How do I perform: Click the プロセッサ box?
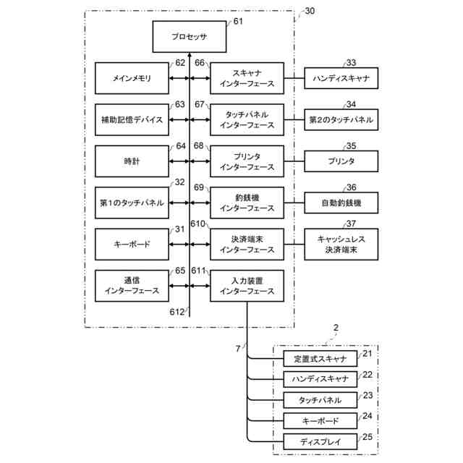(x=190, y=36)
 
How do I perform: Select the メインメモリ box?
(x=132, y=78)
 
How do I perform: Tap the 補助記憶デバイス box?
(x=132, y=119)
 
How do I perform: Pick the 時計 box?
(x=132, y=161)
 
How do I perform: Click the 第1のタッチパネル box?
(x=132, y=203)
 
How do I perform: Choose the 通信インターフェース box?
(x=132, y=286)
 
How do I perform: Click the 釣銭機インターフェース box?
(x=247, y=203)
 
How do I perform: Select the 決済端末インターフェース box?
(x=247, y=245)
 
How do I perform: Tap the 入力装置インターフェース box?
(x=247, y=286)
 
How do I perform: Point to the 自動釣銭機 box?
(x=341, y=203)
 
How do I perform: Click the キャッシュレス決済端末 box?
(x=341, y=245)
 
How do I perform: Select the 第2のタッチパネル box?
(x=341, y=119)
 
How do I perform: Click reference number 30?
(x=310, y=11)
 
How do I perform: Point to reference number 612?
(x=177, y=312)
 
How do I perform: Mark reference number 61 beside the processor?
(x=238, y=22)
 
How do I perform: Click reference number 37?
(x=352, y=224)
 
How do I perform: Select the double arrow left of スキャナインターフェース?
(x=200, y=78)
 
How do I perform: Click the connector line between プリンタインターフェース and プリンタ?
(x=294, y=161)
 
